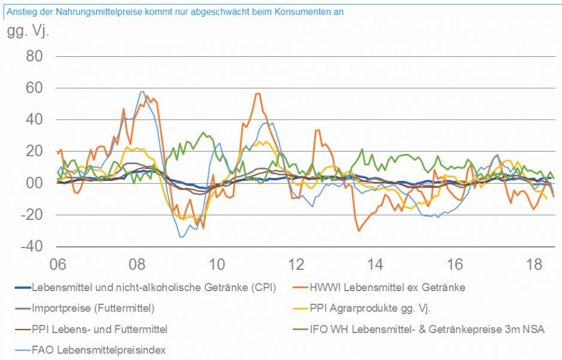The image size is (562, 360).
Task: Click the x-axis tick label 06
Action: click(57, 264)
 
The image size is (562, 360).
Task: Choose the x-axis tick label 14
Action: click(375, 264)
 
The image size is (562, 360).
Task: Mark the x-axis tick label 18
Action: click(534, 264)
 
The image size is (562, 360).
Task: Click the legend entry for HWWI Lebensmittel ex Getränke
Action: click(387, 288)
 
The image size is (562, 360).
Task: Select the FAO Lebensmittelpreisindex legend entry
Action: click(99, 349)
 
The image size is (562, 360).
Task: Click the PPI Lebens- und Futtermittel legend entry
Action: click(99, 329)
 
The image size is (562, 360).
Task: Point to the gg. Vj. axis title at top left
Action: click(28, 31)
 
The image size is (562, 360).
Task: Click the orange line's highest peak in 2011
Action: click(258, 93)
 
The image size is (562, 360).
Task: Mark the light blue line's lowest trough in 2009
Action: click(181, 237)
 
